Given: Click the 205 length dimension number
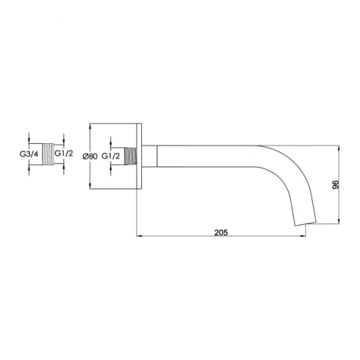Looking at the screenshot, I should pos(220,233).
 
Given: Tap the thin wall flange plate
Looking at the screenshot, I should pos(141,156).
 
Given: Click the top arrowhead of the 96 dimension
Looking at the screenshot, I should pos(339,147).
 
